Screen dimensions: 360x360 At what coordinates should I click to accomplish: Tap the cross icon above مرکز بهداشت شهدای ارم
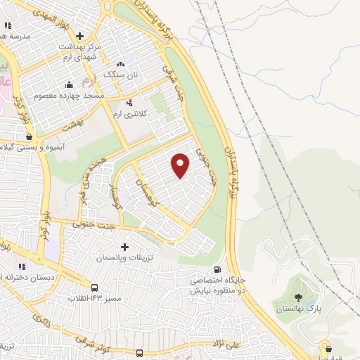point(79,36)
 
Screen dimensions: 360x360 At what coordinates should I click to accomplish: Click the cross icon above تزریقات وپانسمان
point(125,247)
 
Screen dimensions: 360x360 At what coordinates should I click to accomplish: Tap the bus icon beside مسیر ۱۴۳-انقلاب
point(94,288)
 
